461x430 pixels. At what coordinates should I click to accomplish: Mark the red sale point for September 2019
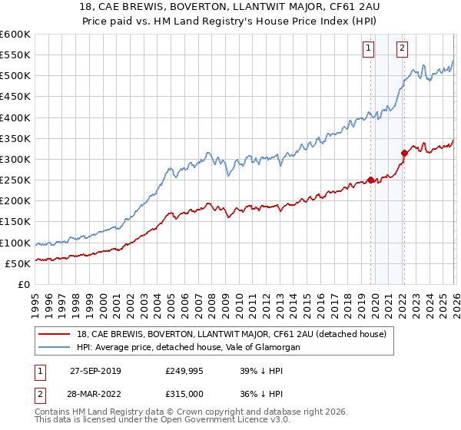click(370, 180)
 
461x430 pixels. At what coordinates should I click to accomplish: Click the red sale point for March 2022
click(404, 153)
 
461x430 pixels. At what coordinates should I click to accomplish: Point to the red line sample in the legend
click(55, 334)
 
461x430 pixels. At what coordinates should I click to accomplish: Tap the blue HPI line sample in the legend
click(55, 347)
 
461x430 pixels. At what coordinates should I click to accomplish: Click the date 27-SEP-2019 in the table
click(95, 371)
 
